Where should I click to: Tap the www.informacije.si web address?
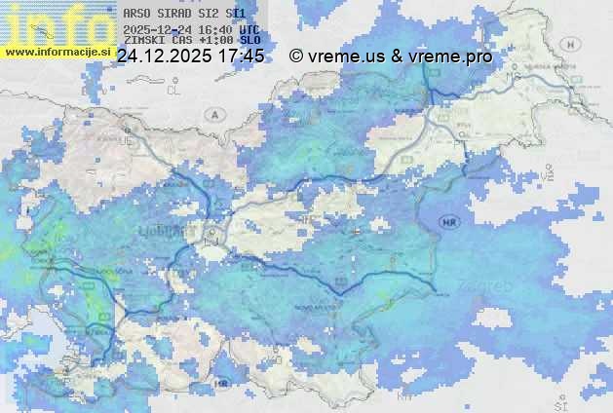pos(57,51)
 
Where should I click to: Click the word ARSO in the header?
pos(136,14)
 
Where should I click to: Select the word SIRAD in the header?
pos(172,14)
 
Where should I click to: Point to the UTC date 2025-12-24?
pos(154,29)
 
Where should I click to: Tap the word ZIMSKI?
pos(141,42)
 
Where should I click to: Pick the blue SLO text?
pos(250,42)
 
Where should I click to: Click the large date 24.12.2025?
pos(163,56)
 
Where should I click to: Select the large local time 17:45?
pos(241,56)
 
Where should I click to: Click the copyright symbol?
pos(296,56)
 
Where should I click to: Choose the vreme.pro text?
pos(452,56)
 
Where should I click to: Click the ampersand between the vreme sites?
pos(397,56)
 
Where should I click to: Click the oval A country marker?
pos(213,114)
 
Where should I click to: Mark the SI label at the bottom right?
pos(559,400)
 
